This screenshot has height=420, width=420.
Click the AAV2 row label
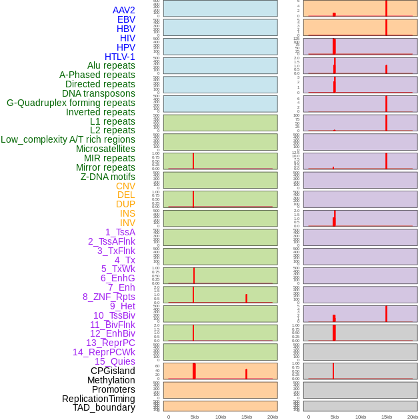(x=123, y=10)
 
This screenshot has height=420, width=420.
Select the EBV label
(x=126, y=19)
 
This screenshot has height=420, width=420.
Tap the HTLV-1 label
(x=119, y=57)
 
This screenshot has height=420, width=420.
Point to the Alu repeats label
(x=111, y=65)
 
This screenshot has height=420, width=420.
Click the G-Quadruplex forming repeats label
(x=71, y=103)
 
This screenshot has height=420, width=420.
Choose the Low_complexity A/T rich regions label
(x=68, y=139)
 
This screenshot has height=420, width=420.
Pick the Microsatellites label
(x=105, y=149)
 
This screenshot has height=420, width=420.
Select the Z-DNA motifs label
(x=107, y=177)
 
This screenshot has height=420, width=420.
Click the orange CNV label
(x=125, y=186)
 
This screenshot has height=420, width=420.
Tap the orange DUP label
(x=125, y=204)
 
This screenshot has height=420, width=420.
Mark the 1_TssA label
(x=120, y=232)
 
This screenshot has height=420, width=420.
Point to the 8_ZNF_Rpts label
(x=109, y=297)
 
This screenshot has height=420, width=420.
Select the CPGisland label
(x=113, y=371)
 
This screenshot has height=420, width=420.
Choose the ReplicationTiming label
(x=98, y=399)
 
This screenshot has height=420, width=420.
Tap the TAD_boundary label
(x=103, y=407)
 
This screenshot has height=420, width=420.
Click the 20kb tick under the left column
(x=272, y=417)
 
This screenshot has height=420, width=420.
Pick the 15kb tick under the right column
(x=387, y=417)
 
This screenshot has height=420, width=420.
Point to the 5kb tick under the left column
(x=195, y=417)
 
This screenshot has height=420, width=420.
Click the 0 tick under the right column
(x=309, y=417)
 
